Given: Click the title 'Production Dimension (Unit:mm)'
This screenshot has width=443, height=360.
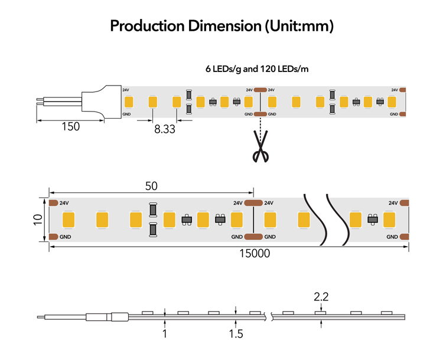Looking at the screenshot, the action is (x=221, y=26).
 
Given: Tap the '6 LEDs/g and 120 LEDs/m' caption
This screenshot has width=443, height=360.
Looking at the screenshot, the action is (x=257, y=69).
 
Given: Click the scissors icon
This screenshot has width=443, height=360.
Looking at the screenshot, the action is (x=260, y=146).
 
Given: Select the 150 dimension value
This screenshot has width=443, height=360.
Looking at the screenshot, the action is (x=71, y=126).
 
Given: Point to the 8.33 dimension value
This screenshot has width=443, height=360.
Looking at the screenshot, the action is (x=165, y=129).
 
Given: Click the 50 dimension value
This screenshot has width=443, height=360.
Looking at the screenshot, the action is (x=151, y=186).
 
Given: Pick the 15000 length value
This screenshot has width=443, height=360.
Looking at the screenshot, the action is (x=255, y=253).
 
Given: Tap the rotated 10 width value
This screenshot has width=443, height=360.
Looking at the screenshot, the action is (x=38, y=220).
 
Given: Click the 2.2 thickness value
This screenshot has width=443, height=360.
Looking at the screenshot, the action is (x=321, y=297).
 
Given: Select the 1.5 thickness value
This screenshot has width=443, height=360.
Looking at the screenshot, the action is (x=236, y=334).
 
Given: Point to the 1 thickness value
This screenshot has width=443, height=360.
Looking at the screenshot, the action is (x=165, y=334).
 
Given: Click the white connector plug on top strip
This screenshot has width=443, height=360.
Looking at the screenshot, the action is (x=102, y=102).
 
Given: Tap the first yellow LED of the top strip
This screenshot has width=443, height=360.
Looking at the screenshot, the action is (x=129, y=102).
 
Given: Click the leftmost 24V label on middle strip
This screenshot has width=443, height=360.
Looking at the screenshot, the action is (x=64, y=203).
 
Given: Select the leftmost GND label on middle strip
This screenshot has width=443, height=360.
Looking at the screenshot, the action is (x=65, y=237).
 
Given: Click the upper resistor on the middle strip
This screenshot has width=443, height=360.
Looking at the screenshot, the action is (x=153, y=210).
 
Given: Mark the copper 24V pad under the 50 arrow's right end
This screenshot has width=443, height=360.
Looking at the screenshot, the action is (x=253, y=203).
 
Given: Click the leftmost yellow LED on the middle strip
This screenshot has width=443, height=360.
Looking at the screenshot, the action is (x=69, y=220).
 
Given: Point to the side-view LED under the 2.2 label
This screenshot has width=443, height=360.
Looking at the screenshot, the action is (x=321, y=313).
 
